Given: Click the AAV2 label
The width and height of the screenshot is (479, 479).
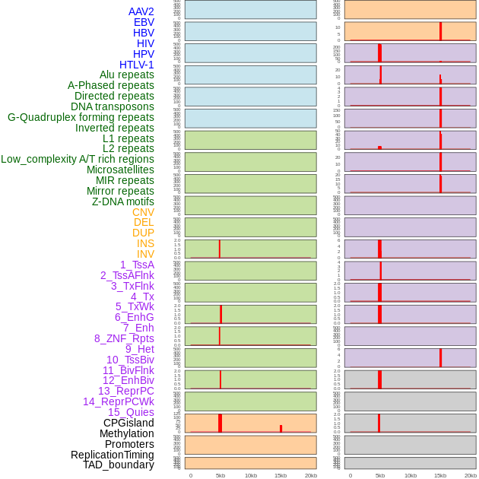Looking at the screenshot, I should [x=141, y=11].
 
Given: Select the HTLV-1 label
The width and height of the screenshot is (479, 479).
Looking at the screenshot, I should [x=137, y=65].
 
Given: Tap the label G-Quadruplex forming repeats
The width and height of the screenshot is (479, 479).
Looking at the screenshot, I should [x=81, y=117].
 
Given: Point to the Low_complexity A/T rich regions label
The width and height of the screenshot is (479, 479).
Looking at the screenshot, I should [x=78, y=159].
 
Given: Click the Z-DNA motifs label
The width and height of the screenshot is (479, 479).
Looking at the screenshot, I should [x=123, y=201].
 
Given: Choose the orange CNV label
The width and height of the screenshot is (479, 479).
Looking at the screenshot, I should [x=143, y=212].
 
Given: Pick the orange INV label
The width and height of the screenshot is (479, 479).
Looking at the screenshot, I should [x=145, y=254].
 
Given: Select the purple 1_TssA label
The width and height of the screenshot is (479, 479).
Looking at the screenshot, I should [x=137, y=265].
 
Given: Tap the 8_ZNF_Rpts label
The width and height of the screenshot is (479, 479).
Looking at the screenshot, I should [x=124, y=338].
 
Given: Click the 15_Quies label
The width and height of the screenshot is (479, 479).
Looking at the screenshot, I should [x=131, y=412].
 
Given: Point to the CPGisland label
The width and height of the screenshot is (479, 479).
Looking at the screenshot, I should [x=128, y=423].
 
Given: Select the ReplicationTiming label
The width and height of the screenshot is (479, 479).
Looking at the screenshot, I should [x=112, y=455].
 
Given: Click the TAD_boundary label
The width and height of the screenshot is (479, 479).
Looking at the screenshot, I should [x=119, y=465].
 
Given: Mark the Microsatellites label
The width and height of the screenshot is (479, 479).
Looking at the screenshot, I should [x=120, y=170].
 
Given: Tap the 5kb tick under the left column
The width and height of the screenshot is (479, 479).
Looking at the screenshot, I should [x=220, y=475].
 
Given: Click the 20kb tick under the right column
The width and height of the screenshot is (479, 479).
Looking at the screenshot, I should [x=471, y=475].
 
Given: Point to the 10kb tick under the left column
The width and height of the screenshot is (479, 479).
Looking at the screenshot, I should [x=251, y=475].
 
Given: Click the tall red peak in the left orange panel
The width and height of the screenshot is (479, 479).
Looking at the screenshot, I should [x=220, y=423].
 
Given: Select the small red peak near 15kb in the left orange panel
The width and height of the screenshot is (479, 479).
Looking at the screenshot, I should [x=281, y=429].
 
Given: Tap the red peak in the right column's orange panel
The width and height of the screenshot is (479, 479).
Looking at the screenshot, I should [x=440, y=31].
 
